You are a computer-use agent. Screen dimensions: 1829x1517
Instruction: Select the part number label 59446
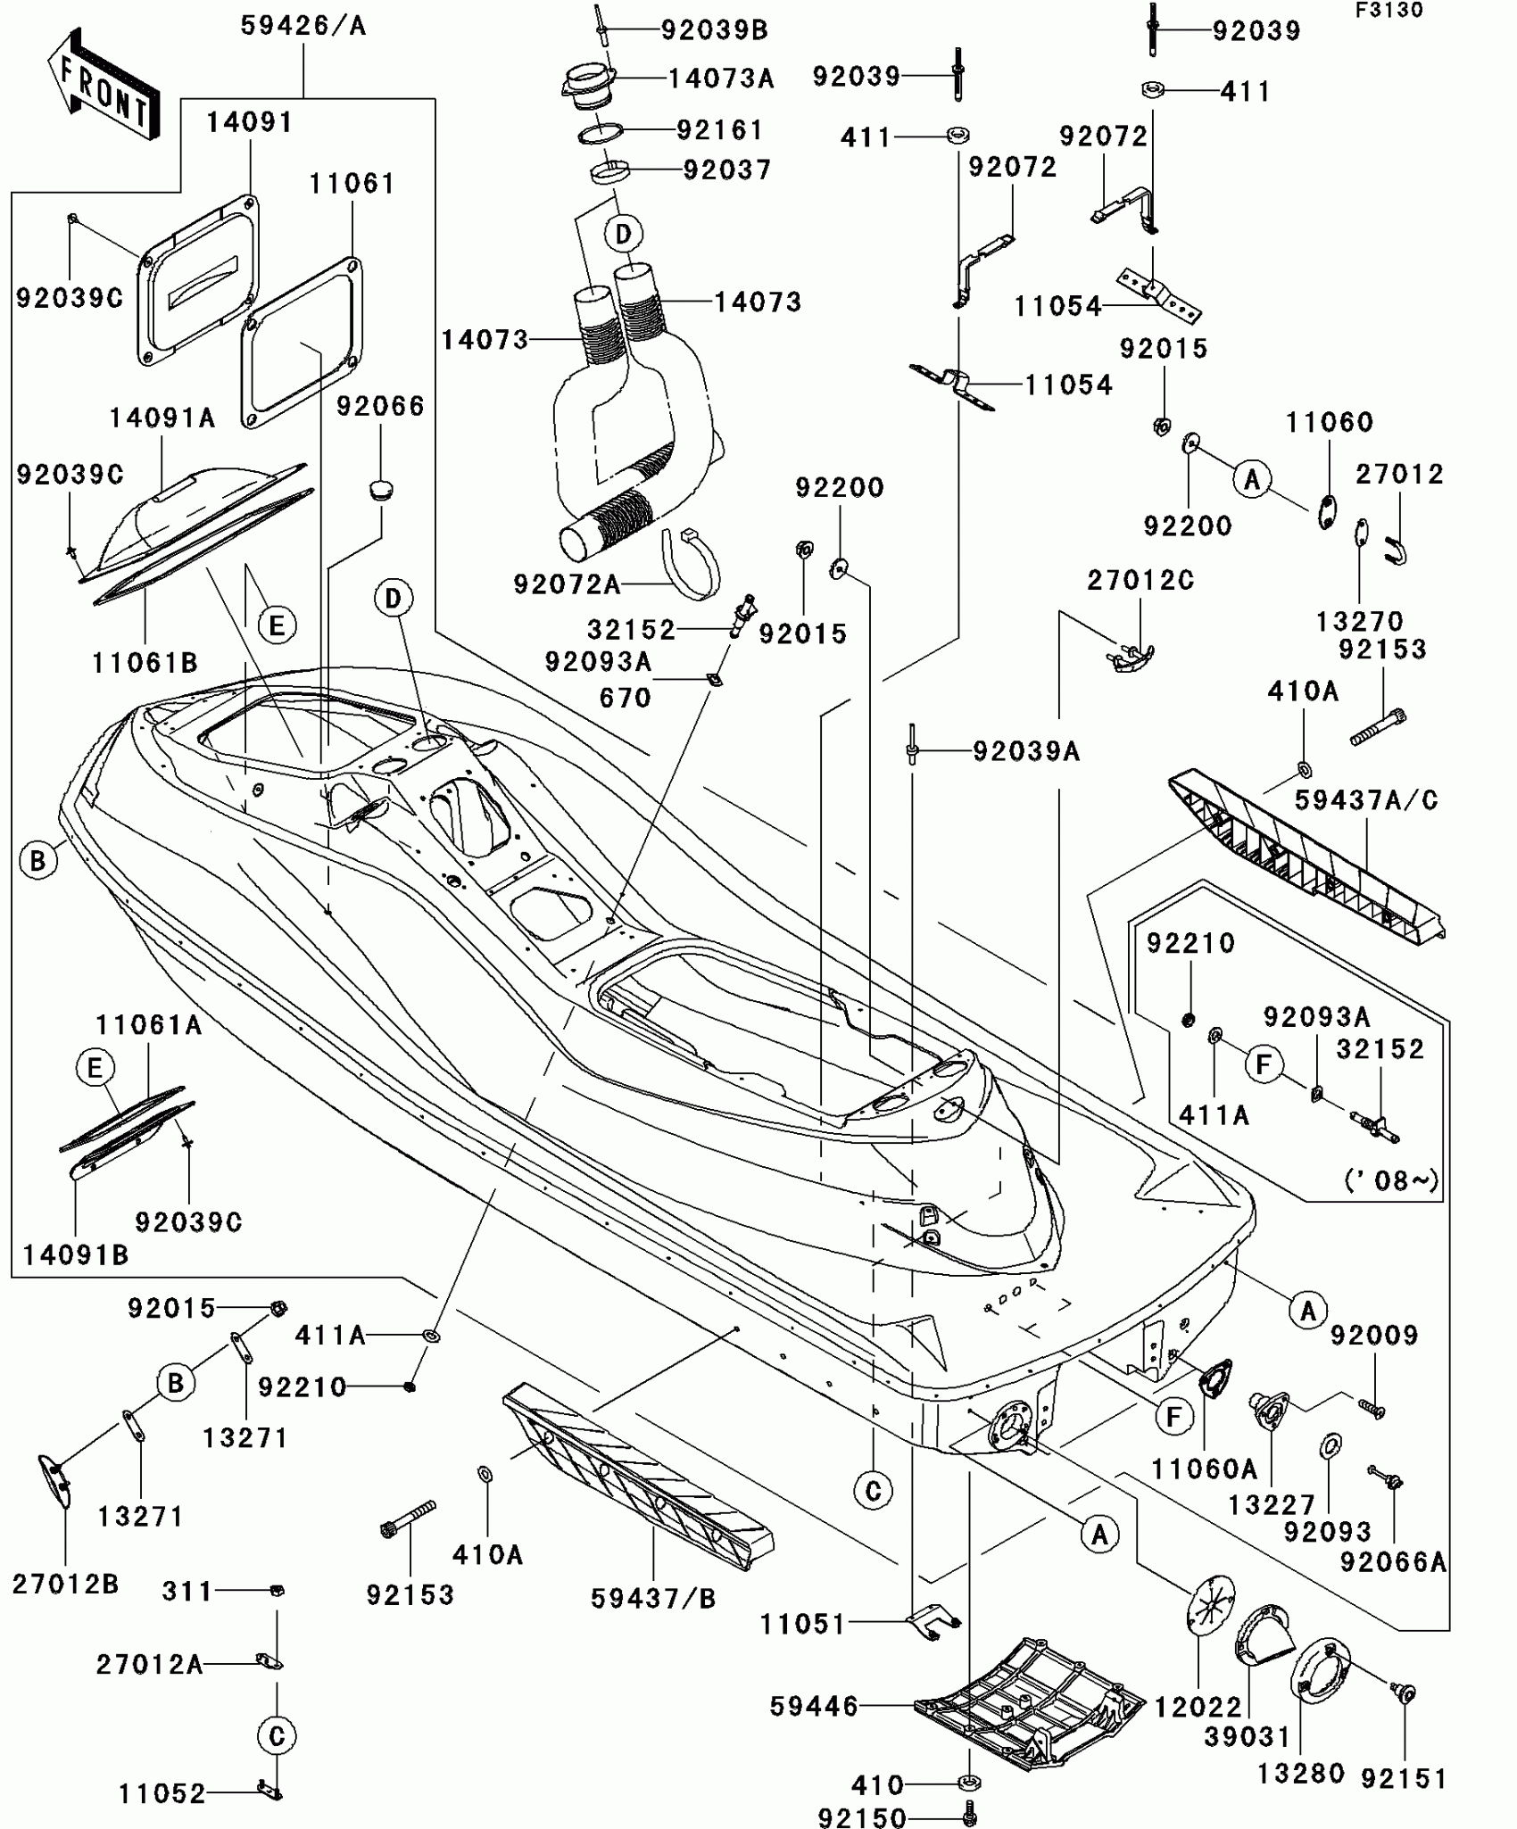click(x=813, y=1707)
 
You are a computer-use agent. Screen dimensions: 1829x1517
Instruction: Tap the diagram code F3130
click(x=1389, y=11)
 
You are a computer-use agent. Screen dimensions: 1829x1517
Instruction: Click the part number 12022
click(x=1198, y=1707)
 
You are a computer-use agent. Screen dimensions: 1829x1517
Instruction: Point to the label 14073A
click(x=721, y=79)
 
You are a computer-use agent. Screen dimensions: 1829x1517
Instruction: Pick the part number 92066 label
click(x=380, y=406)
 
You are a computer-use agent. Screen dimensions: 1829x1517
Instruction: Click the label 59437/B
click(x=653, y=1599)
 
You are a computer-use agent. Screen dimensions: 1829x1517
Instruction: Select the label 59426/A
click(x=303, y=26)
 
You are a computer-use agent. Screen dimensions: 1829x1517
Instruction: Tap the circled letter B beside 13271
click(x=176, y=1383)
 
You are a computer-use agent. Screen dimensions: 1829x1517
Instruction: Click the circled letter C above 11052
click(x=277, y=1735)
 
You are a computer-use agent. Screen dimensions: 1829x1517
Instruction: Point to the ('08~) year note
click(x=1390, y=1180)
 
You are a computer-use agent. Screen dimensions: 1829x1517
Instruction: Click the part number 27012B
click(x=65, y=1584)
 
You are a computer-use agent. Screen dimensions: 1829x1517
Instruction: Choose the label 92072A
click(x=567, y=584)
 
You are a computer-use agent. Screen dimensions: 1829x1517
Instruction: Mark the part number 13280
click(x=1300, y=1773)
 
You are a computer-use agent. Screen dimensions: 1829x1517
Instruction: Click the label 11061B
click(x=145, y=663)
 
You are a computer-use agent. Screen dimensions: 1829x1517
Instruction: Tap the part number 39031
click(x=1247, y=1737)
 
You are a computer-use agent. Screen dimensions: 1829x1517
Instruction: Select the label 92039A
click(x=1026, y=752)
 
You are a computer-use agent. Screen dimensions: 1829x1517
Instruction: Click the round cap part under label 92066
click(x=382, y=490)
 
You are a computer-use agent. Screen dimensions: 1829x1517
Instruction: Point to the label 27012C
click(x=1140, y=580)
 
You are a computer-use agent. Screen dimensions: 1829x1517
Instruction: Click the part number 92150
click(x=861, y=1817)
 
